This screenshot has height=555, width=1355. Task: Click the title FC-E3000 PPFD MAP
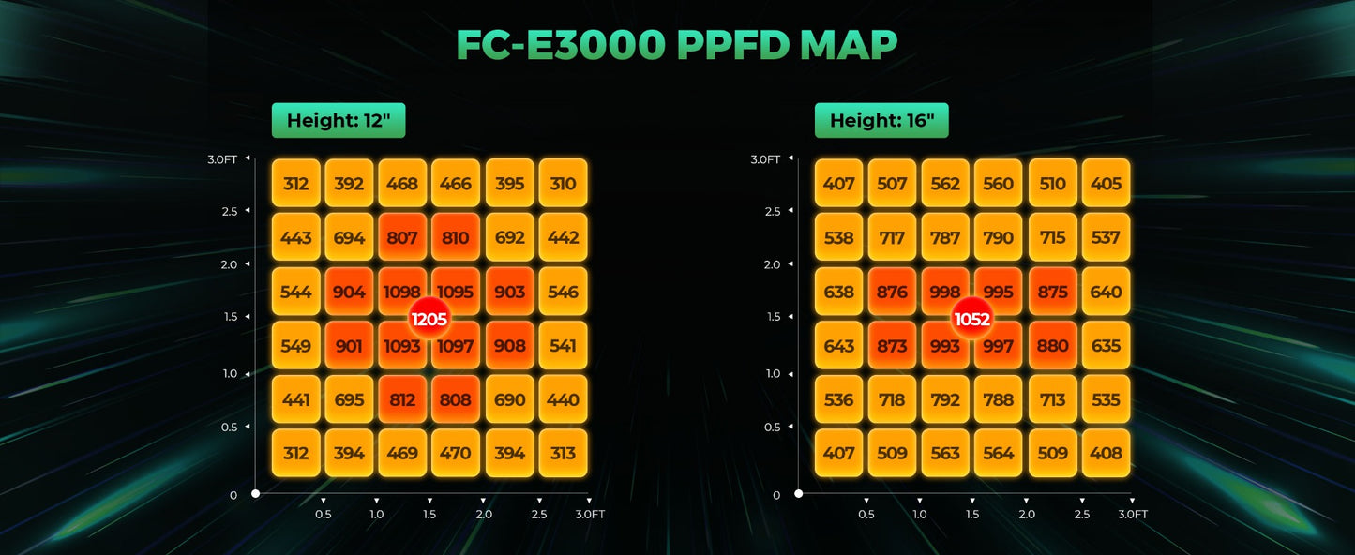676,45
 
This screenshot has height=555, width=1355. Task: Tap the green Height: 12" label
339,120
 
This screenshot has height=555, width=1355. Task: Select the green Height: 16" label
881,120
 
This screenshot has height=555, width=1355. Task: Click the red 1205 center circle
429,319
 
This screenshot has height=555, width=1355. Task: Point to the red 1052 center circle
971,319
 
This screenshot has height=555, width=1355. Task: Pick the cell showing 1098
402,292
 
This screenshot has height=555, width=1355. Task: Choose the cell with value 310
563,184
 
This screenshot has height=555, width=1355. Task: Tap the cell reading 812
402,399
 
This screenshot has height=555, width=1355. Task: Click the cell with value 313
563,454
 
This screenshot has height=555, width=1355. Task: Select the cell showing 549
295,346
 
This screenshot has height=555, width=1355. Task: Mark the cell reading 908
509,346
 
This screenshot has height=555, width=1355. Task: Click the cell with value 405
1106,184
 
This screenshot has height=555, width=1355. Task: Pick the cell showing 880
1052,346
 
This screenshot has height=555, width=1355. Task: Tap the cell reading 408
1106,454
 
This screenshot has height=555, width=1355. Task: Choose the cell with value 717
892,238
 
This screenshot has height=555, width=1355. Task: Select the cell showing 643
838,346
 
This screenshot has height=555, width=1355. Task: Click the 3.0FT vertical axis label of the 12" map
222,159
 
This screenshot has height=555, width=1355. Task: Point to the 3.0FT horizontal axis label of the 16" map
1133,514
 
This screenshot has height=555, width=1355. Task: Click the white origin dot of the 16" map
798,493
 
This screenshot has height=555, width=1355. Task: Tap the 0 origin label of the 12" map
233,495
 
